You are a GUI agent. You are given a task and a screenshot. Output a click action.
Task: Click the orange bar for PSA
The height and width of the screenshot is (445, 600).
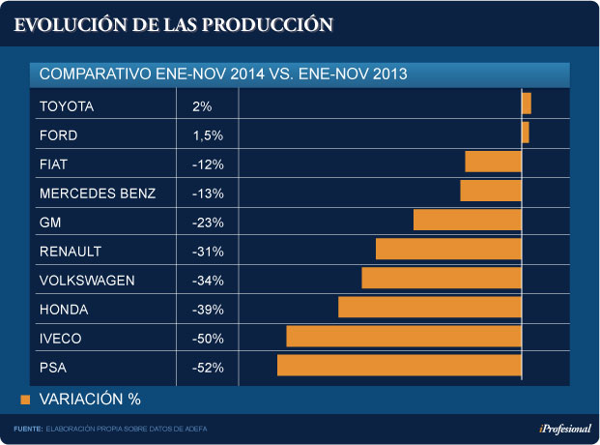[399, 366]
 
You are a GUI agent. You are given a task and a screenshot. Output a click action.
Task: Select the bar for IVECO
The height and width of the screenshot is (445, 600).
[404, 337]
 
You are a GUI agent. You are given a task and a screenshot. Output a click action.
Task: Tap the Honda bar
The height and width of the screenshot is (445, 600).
[430, 308]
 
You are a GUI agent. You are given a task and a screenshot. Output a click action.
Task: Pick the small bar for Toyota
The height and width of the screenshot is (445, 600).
[527, 103]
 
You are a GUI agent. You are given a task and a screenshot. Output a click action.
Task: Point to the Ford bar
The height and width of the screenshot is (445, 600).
[526, 132]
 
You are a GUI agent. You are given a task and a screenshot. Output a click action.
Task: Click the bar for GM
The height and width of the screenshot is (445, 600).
[468, 220]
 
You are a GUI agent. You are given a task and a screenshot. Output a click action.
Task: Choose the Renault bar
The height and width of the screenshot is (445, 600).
[448, 249]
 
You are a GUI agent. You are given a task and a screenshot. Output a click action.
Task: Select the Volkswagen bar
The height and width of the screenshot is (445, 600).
[442, 278]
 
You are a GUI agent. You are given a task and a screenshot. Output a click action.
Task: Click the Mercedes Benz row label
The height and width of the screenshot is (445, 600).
[98, 193]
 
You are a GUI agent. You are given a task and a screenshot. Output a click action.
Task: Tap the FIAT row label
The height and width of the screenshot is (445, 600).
[53, 164]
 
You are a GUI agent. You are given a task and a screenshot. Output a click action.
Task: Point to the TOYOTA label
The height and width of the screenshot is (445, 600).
[67, 106]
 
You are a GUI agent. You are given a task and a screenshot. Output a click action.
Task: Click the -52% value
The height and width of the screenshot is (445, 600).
[208, 368]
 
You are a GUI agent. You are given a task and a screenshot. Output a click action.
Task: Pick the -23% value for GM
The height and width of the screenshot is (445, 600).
[208, 222]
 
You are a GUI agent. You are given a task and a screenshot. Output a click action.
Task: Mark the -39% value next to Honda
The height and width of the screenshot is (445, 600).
[208, 310]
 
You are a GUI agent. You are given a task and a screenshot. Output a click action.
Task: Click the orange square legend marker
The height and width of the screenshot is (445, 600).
[26, 399]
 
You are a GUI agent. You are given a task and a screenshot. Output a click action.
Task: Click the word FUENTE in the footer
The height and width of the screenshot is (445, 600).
[27, 429]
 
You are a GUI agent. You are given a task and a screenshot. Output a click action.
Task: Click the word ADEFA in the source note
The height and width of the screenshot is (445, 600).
[195, 429]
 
